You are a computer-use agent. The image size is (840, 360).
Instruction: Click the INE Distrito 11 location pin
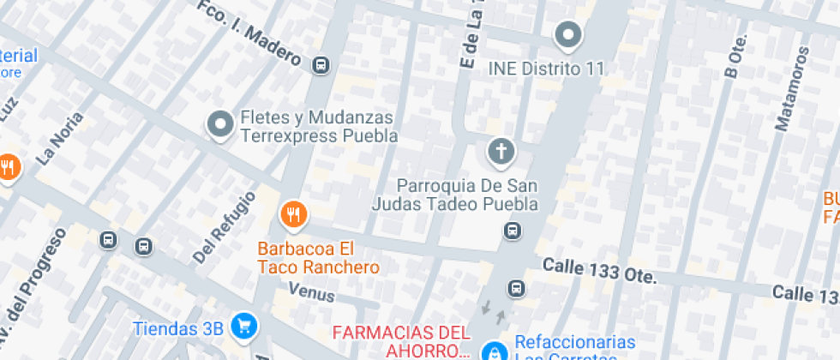pos(567,35)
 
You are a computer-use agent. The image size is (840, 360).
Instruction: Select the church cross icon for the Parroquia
pos(501,153)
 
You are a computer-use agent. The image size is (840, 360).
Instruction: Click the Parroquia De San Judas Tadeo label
pos(455,195)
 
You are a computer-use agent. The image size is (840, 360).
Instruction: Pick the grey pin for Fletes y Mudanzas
pos(221,124)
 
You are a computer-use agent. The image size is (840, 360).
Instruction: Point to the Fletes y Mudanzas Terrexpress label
pos(319,126)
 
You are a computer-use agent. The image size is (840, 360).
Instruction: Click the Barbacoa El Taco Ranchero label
pos(318,258)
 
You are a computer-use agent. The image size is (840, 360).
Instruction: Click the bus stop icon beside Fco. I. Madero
pos(321,64)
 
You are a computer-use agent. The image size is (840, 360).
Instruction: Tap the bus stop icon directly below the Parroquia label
pos(513,231)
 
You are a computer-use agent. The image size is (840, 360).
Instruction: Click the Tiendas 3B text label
pos(178,327)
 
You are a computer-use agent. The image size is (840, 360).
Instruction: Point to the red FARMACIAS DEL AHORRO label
pos(401,340)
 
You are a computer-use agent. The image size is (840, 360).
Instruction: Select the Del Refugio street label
pos(225,226)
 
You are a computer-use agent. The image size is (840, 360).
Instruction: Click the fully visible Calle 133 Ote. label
pos(599,272)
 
